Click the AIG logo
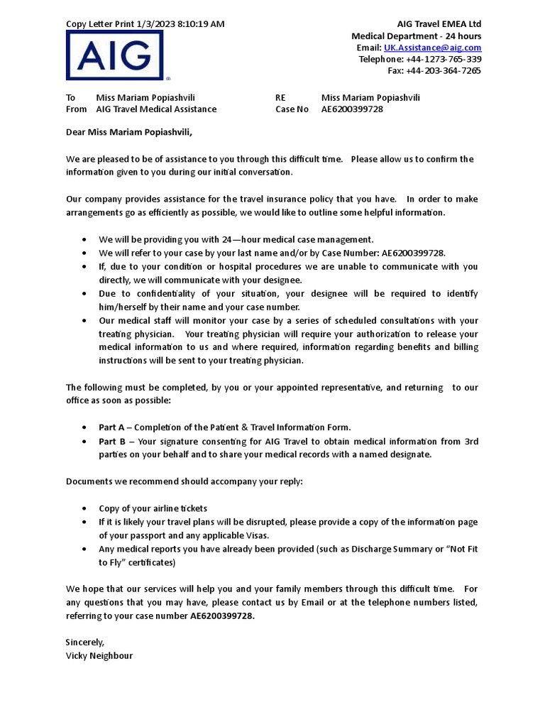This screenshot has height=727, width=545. coord(114,55)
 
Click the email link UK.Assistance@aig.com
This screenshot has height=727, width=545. coord(432,48)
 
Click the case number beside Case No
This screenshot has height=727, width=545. coord(352,109)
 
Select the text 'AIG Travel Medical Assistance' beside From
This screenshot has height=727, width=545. coord(156,109)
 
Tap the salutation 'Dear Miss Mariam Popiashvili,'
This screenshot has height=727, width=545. coord(129,132)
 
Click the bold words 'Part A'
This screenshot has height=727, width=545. coord(111,427)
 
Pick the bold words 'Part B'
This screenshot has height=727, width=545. coord(111,442)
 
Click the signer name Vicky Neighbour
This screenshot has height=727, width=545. coord(99,655)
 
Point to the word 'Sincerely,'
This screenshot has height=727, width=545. coord(85,642)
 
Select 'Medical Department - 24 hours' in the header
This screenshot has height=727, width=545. coord(417,36)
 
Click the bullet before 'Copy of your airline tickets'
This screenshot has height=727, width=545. coord(85,509)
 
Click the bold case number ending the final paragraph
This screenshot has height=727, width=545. coord(221,616)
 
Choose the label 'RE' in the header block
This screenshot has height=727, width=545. coord(281,97)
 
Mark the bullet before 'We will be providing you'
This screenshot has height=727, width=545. coord(85,240)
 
